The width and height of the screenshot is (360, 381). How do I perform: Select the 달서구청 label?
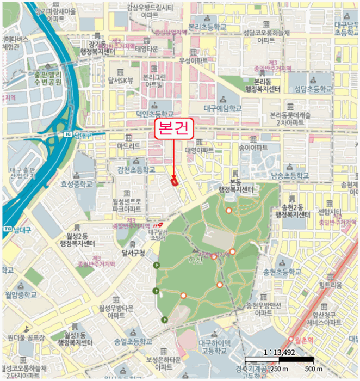pyautogui.click(x=133, y=253)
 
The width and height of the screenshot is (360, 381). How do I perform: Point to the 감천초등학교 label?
pyautogui.click(x=133, y=170)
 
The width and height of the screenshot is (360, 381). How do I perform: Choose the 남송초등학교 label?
pyautogui.click(x=282, y=175)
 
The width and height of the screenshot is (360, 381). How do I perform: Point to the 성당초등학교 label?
pyautogui.click(x=313, y=88)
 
